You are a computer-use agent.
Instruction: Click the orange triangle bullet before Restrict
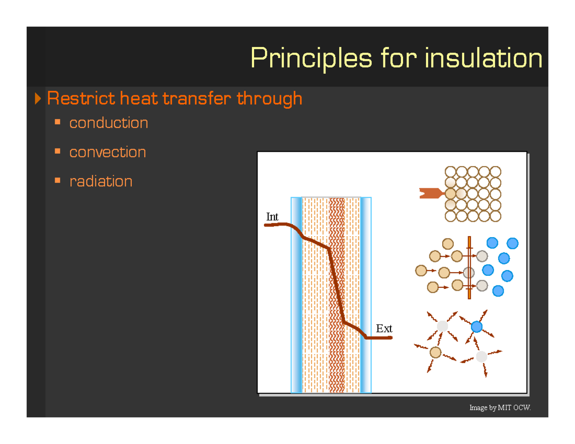coord(39,99)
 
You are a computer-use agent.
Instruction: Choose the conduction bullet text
coord(108,123)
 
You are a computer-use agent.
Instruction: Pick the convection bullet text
coord(107,152)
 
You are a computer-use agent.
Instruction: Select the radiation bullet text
coord(101,182)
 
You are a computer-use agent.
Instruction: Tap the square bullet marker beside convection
coord(58,152)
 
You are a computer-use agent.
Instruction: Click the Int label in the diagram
coord(272,217)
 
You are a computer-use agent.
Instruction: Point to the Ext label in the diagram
coord(384,329)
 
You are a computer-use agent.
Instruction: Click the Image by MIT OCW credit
coord(500,408)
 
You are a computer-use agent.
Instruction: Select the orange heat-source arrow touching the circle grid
coord(430,194)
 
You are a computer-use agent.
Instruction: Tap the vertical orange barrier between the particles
coord(470,268)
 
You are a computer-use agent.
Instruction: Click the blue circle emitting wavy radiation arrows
coord(476,327)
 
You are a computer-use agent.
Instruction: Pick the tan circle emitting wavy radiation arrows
coord(435,353)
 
